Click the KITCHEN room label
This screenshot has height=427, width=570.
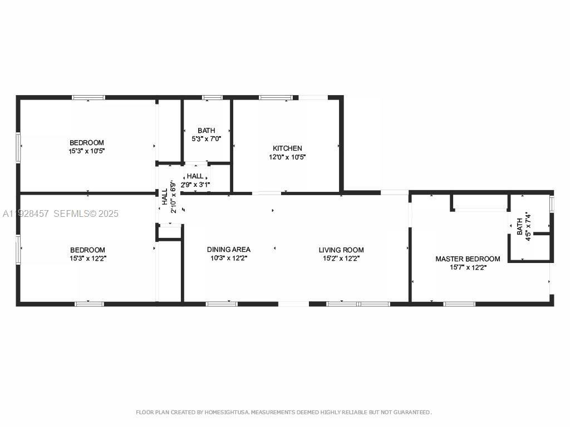pyautogui.click(x=287, y=148)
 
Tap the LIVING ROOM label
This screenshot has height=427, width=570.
pyautogui.click(x=341, y=250)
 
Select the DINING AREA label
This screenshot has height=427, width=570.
pyautogui.click(x=228, y=250)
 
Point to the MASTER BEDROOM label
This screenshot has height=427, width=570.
pyautogui.click(x=468, y=259)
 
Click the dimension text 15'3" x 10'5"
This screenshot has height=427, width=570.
pyautogui.click(x=86, y=151)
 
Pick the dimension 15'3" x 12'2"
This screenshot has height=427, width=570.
pyautogui.click(x=87, y=258)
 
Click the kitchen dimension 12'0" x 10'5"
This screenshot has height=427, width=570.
pyautogui.click(x=287, y=157)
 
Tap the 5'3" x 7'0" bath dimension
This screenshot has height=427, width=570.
pyautogui.click(x=207, y=138)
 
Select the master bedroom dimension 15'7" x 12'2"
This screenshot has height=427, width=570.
pyautogui.click(x=468, y=267)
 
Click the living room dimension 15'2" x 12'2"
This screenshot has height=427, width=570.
pyautogui.click(x=341, y=258)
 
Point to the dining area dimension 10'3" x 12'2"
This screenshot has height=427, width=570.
pyautogui.click(x=228, y=258)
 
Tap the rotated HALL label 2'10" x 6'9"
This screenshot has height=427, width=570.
pyautogui.click(x=165, y=197)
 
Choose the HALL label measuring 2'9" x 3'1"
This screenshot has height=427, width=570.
pyautogui.click(x=195, y=176)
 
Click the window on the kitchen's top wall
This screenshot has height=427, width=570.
pyautogui.click(x=276, y=98)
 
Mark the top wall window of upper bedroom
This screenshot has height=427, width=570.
pyautogui.click(x=88, y=98)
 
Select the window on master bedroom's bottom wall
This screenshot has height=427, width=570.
pyautogui.click(x=459, y=304)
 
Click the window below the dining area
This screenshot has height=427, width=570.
pyautogui.click(x=222, y=304)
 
